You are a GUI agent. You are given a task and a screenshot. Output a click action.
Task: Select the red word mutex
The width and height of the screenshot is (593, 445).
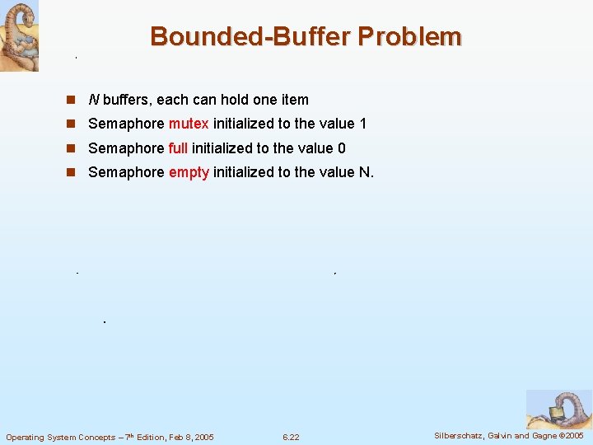pos(189,124)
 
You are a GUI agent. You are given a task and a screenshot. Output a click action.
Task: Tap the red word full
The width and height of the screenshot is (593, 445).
pos(178,148)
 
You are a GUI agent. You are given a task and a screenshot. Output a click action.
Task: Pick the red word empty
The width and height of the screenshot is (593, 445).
pos(189,173)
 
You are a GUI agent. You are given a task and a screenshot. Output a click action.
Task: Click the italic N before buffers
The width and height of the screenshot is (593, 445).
pos(94,100)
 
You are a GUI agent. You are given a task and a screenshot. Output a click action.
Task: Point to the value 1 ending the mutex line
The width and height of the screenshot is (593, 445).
pos(362,124)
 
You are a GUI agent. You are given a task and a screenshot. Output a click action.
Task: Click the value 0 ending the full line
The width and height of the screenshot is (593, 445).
pos(342,148)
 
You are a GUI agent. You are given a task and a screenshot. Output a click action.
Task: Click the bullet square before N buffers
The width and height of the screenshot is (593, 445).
pos(72,100)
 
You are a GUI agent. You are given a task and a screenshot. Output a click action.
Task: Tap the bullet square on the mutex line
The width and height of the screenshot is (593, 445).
pos(72,124)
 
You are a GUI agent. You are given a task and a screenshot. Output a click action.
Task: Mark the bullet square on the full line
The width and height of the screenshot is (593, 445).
pos(72,149)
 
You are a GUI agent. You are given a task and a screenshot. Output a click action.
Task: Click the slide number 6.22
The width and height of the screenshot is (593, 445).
pos(291,437)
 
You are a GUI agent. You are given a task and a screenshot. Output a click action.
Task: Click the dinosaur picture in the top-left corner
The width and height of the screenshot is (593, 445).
pos(19,35)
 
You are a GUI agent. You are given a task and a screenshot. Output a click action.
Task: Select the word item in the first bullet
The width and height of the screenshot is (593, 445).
pos(295,100)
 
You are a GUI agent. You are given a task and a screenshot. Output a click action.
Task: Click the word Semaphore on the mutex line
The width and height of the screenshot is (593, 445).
pos(126,124)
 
